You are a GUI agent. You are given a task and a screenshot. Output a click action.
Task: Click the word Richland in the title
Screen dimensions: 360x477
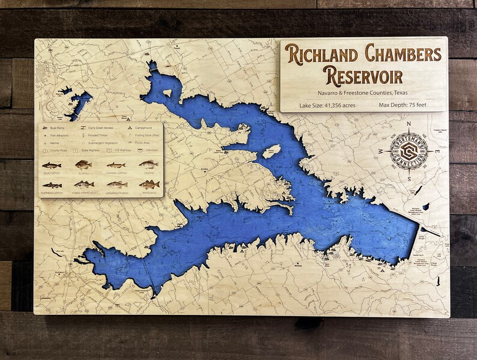[322, 54]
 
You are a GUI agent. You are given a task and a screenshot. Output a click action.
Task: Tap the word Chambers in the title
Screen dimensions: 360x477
[403, 54]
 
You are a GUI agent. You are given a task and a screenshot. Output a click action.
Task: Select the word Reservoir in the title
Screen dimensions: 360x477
[363, 76]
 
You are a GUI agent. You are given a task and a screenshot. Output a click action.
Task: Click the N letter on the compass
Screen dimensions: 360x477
[409, 124]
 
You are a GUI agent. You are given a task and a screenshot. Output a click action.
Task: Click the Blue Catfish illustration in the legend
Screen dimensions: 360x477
[52, 165]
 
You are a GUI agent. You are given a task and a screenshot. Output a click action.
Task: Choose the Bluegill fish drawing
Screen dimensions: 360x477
[84, 164]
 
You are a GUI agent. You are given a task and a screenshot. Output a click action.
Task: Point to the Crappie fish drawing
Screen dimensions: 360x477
[148, 164]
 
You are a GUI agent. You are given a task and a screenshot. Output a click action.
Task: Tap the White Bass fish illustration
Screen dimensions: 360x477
[148, 184]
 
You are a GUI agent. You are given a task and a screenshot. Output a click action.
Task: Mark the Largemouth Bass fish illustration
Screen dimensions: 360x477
[117, 184]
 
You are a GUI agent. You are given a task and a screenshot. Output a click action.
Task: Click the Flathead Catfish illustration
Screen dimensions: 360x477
[52, 185]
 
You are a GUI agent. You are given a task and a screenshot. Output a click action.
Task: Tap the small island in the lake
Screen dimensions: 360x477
[271, 151]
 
